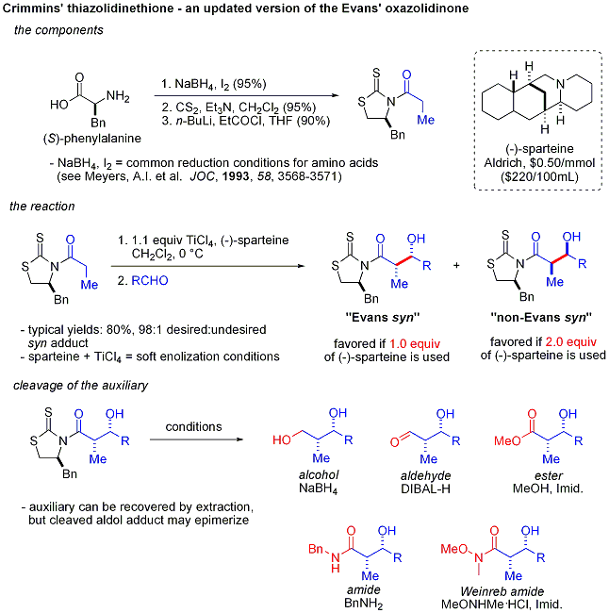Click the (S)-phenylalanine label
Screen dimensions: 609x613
point(92,139)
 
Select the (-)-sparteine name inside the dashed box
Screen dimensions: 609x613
point(539,149)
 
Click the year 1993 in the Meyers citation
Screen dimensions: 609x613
point(236,176)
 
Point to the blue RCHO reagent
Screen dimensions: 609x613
point(150,280)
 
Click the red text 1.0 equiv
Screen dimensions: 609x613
point(415,343)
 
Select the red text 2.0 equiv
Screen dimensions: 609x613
point(570,342)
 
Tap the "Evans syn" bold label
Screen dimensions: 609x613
point(383,317)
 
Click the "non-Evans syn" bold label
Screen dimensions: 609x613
point(541,317)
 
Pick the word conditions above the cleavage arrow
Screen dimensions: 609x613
point(193,426)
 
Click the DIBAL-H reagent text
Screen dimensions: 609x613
point(425,489)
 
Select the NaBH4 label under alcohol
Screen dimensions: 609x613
point(319,489)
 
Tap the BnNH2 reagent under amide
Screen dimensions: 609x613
point(364,604)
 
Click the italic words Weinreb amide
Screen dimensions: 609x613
point(502,591)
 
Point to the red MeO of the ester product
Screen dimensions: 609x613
point(507,441)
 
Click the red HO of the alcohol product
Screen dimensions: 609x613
point(282,439)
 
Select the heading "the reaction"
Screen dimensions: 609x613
point(42,206)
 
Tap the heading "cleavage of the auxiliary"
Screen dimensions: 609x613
point(80,386)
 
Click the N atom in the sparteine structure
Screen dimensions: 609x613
point(561,84)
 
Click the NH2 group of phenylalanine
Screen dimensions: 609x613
point(118,96)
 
